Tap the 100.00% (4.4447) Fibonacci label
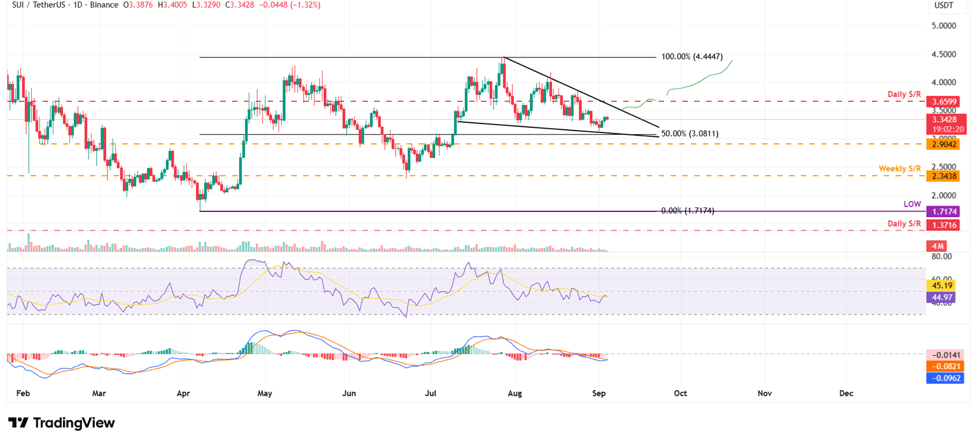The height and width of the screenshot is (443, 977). click(x=692, y=57)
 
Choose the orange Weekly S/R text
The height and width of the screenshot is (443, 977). click(x=900, y=168)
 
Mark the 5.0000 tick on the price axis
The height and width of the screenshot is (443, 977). click(x=947, y=26)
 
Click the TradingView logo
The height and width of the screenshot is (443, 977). click(x=62, y=423)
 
